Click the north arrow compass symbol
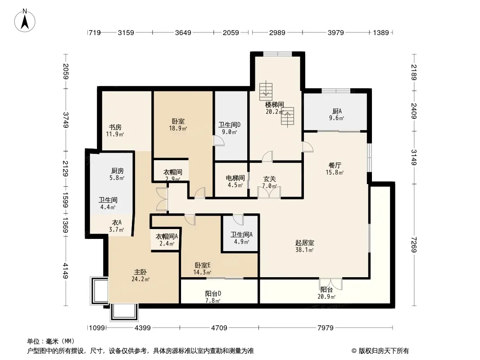coord(25,21)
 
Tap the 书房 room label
coord(115,127)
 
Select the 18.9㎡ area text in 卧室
coord(178,128)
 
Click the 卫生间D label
coord(229,125)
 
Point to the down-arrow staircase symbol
coord(266,90)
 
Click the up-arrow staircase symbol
coord(288,117)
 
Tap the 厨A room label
coord(337,111)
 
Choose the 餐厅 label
coord(335,165)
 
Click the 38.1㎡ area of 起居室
coord(304,250)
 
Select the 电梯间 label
coord(235,178)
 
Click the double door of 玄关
coord(269,192)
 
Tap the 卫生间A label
coord(241,234)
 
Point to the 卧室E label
coord(203,265)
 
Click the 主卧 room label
coord(140,272)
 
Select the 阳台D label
coord(213,294)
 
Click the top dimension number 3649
coord(183,32)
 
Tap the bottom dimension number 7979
coord(326,328)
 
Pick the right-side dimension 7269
coord(414,244)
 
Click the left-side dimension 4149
coord(65,271)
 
